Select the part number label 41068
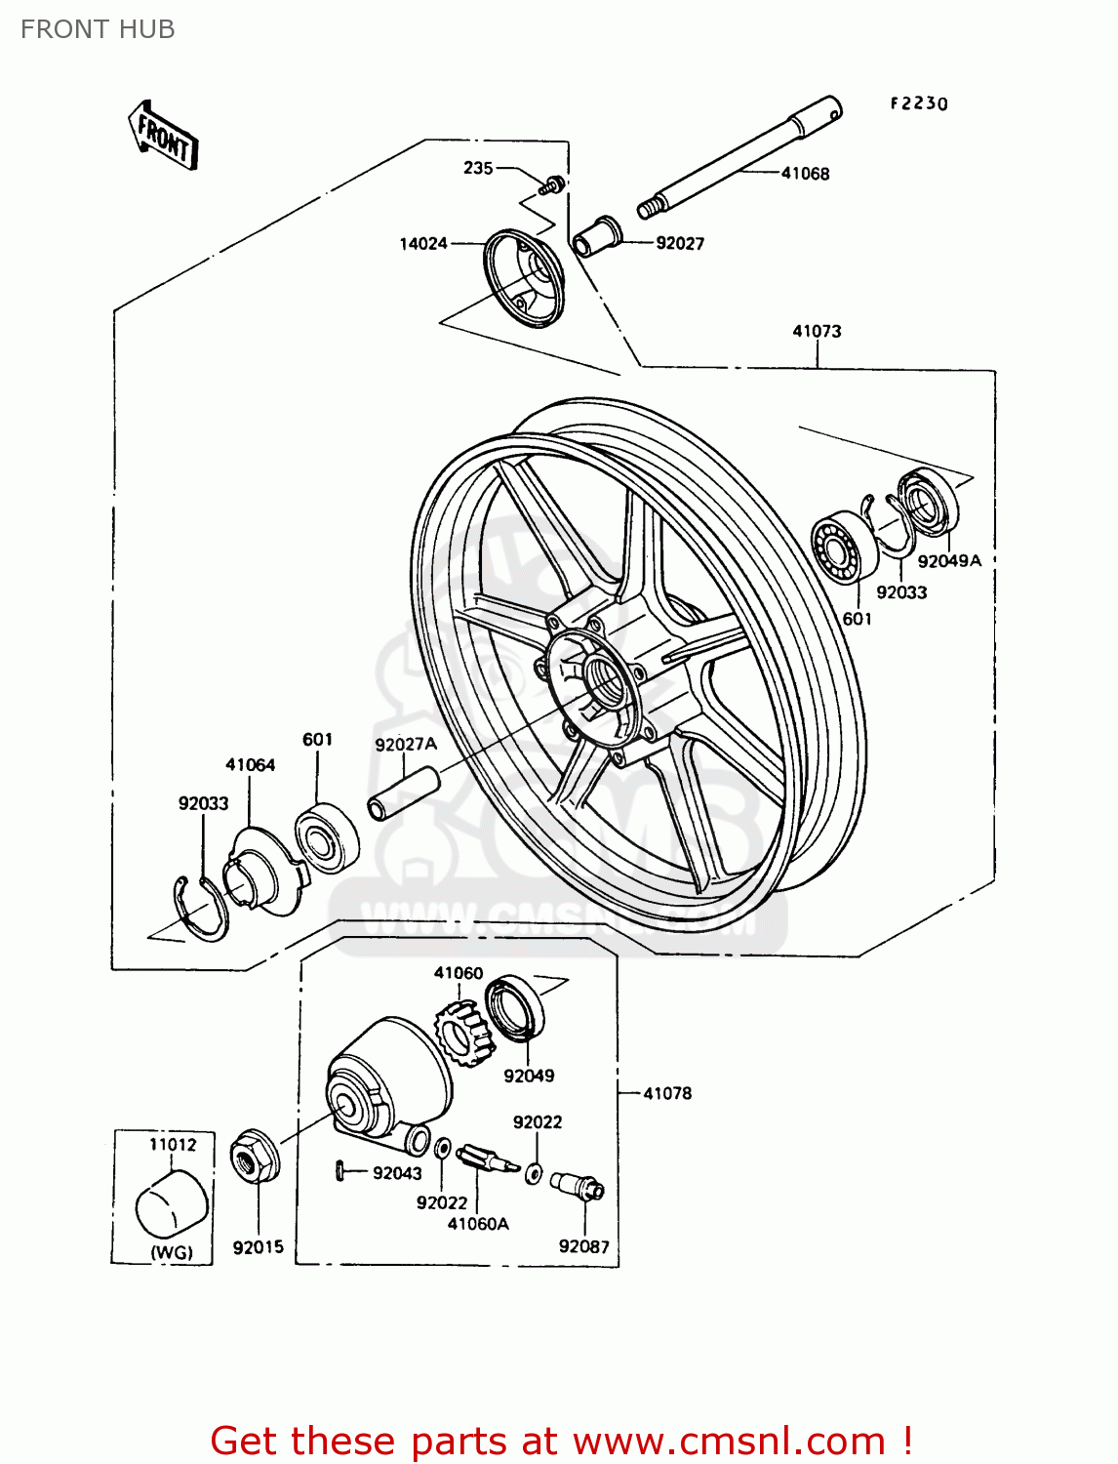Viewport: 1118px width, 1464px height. [x=805, y=174]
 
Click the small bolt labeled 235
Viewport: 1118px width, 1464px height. [x=553, y=183]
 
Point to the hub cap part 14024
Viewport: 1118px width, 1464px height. [x=524, y=277]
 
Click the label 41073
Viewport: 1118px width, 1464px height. [x=817, y=331]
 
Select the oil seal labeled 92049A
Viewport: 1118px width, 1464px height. [x=928, y=503]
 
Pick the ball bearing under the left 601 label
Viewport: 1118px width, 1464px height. [x=326, y=837]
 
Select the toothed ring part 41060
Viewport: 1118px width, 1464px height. [x=461, y=1034]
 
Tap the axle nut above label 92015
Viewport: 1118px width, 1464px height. [x=255, y=1158]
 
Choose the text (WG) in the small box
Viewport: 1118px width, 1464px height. [x=172, y=1252]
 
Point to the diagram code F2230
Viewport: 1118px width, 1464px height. [x=918, y=103]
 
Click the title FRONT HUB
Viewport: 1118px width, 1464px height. [x=98, y=29]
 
